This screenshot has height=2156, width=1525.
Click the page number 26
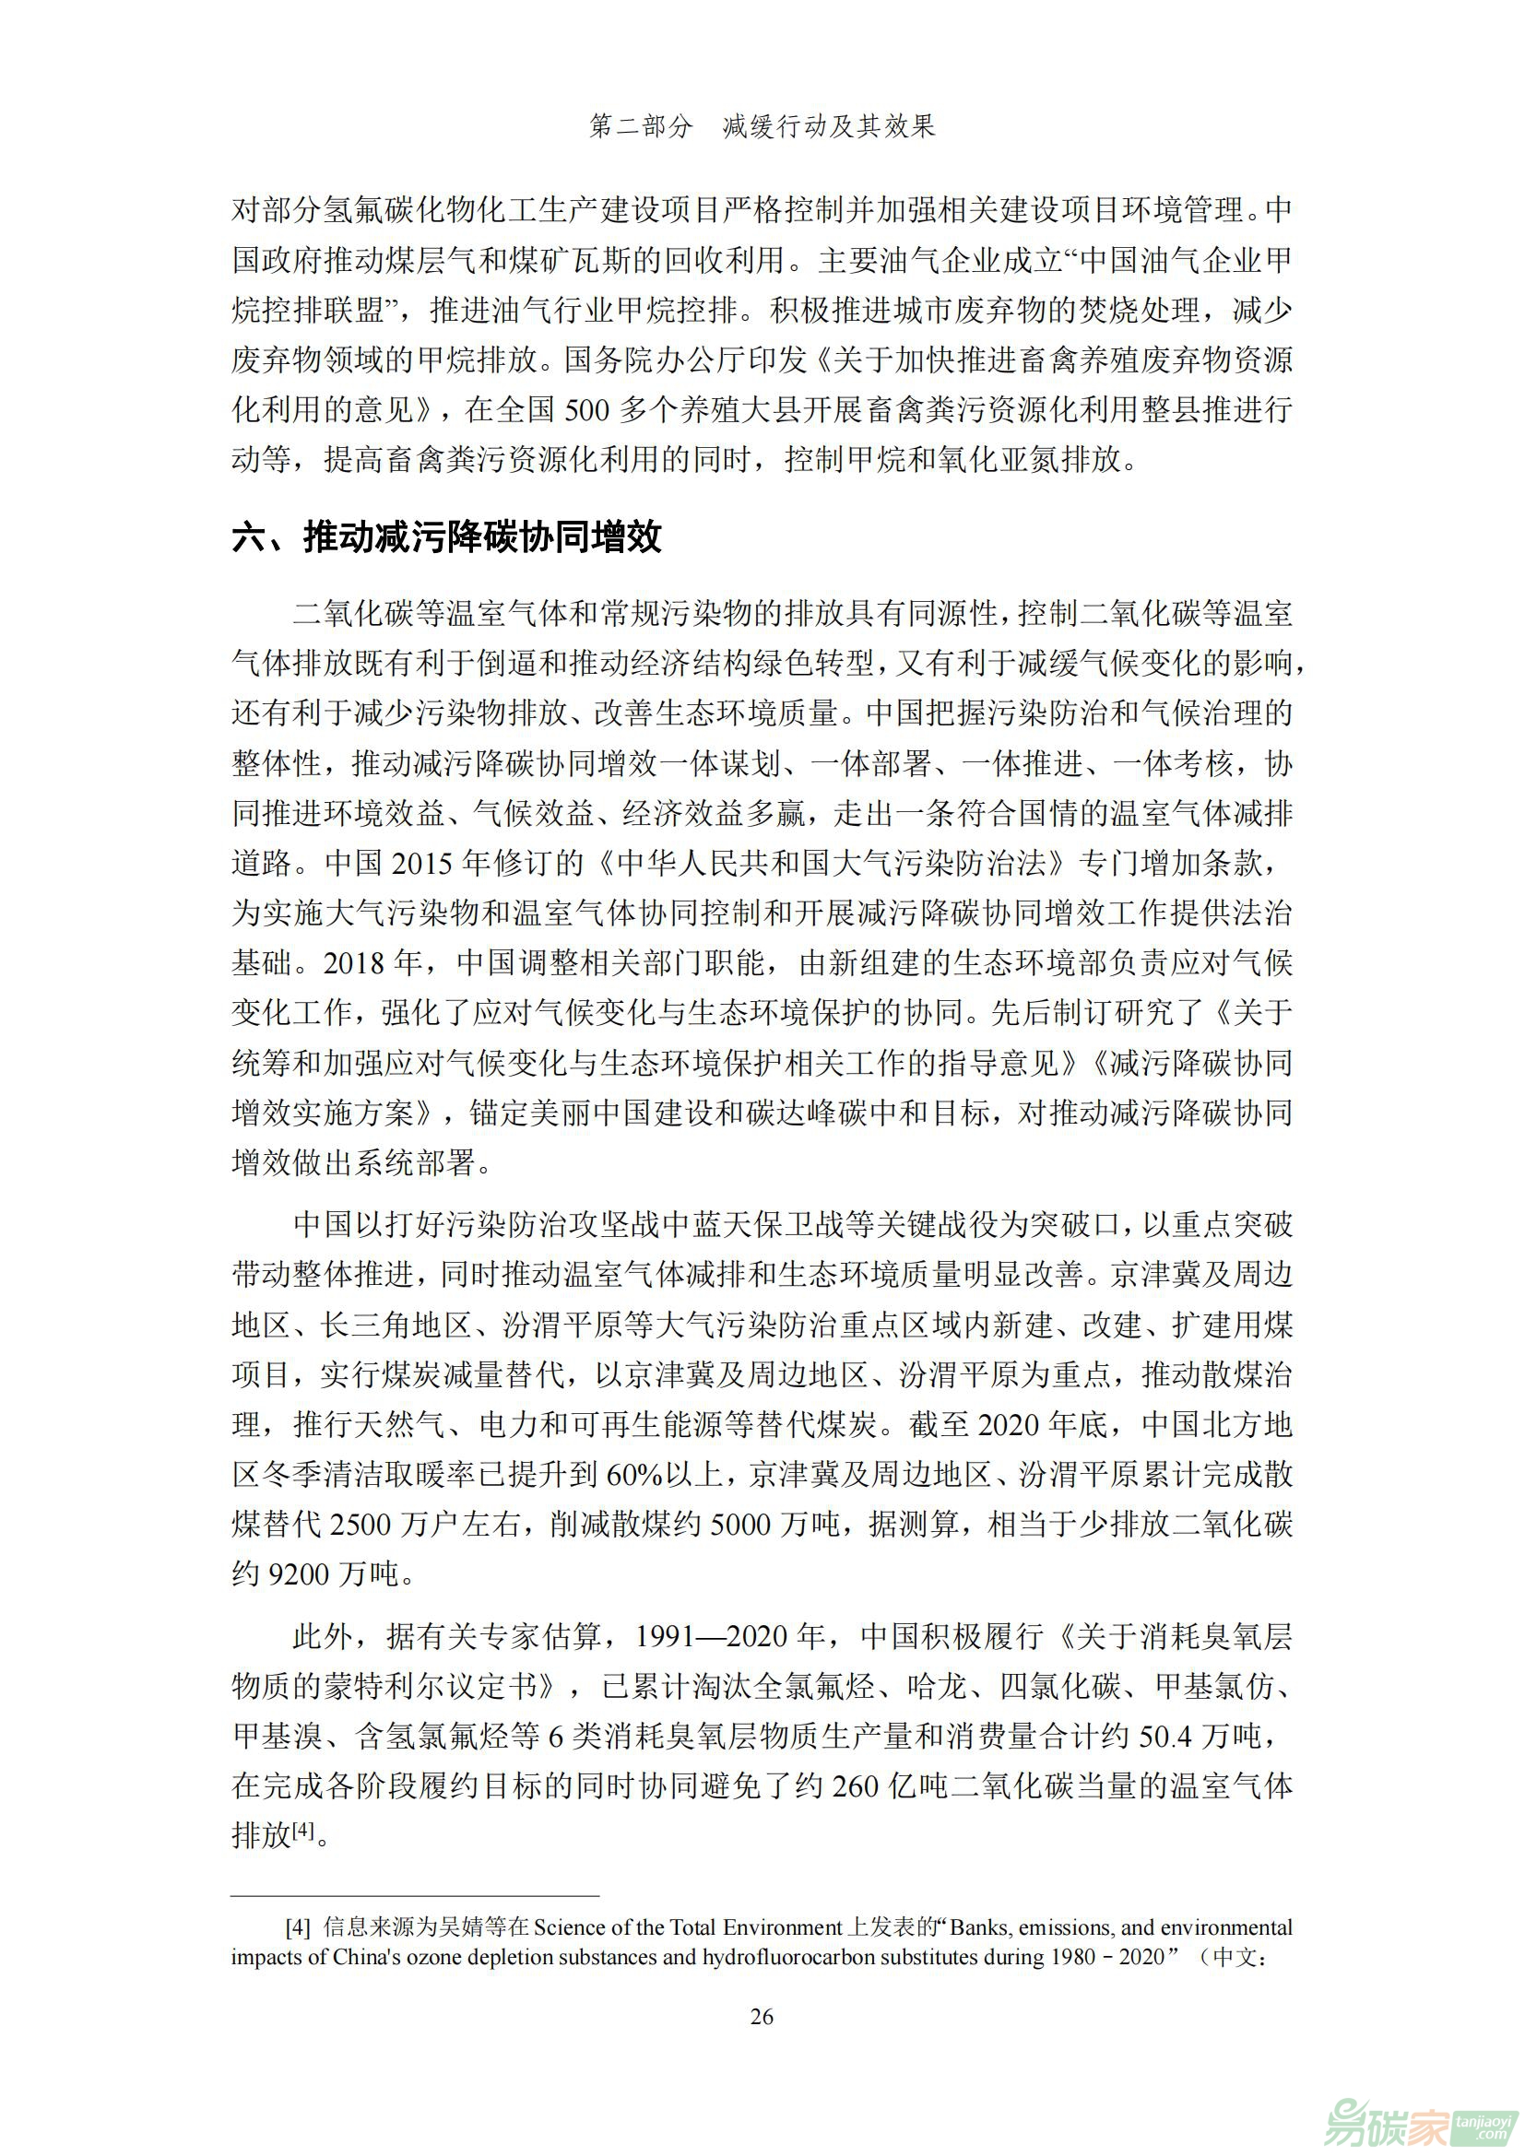coord(762,2015)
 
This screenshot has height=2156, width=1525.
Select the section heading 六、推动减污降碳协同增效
coord(447,537)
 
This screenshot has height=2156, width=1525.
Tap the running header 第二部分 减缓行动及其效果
coord(762,126)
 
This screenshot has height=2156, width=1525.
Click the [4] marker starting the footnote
coord(298,1926)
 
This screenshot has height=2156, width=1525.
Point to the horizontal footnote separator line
coord(415,1896)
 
